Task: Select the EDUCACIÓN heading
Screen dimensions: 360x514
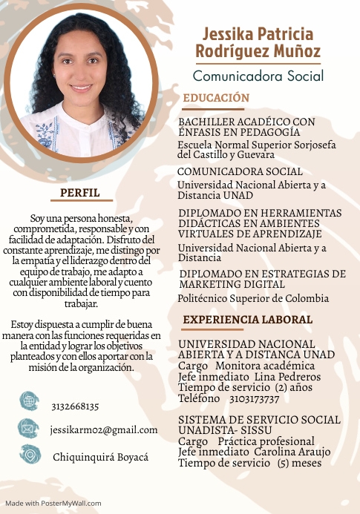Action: pyautogui.click(x=216, y=98)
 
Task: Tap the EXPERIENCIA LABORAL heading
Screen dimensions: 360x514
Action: pyautogui.click(x=247, y=320)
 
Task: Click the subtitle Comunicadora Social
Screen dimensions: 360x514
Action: pyautogui.click(x=258, y=75)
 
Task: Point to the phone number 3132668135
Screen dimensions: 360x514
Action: pyautogui.click(x=75, y=406)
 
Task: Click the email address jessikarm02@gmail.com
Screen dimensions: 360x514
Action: pyautogui.click(x=104, y=429)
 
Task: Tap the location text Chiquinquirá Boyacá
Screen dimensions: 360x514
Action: pyautogui.click(x=100, y=457)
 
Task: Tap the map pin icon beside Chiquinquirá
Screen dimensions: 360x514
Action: pyautogui.click(x=30, y=454)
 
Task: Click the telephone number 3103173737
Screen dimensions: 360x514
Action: pyautogui.click(x=255, y=398)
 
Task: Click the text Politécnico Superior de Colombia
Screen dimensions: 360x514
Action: pyautogui.click(x=253, y=298)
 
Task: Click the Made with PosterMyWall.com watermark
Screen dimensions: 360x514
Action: pyautogui.click(x=53, y=503)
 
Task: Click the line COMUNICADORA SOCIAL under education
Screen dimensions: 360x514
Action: pyautogui.click(x=240, y=171)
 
